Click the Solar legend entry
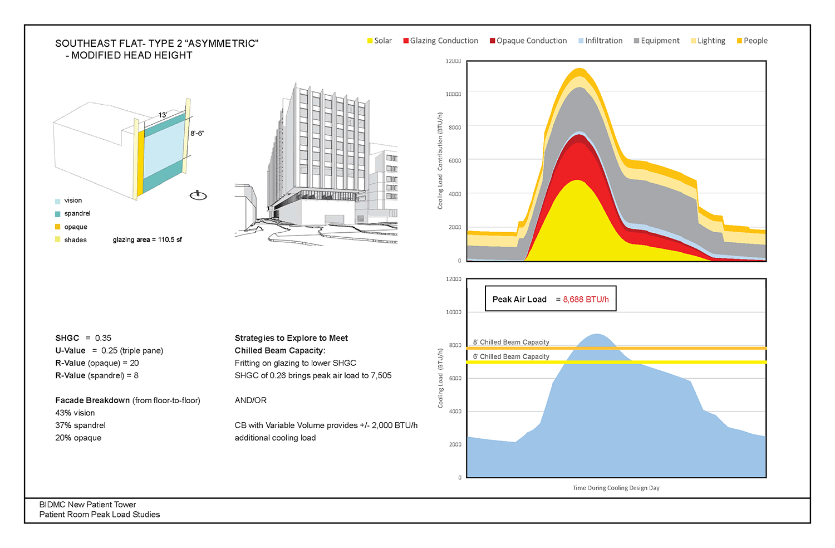tap(380, 41)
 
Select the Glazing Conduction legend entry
tap(441, 41)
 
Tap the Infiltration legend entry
tap(601, 41)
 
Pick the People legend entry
tap(752, 41)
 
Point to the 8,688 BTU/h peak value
tap(586, 300)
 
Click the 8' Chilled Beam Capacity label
tap(511, 342)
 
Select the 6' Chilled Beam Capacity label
tap(511, 356)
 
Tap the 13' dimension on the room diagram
tap(163, 115)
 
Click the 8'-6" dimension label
tap(197, 134)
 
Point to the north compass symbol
tap(198, 195)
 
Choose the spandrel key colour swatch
tap(58, 214)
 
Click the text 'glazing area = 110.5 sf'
tap(147, 240)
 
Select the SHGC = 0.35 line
tap(83, 338)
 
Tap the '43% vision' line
tap(75, 413)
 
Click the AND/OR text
tap(250, 400)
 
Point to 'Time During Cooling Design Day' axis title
tap(616, 488)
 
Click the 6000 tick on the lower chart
tap(455, 378)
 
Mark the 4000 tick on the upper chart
tap(455, 194)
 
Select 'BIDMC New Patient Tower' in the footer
tap(87, 505)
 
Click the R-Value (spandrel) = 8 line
tap(97, 375)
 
